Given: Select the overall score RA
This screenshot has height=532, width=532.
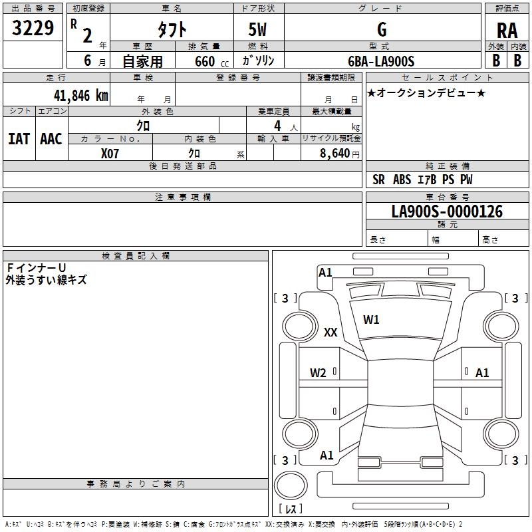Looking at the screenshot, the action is click(507, 31).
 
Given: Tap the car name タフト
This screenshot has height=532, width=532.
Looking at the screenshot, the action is click(171, 30).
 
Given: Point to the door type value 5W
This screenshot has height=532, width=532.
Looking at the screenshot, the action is click(258, 30).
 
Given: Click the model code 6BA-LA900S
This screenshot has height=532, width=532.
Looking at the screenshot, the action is click(381, 61).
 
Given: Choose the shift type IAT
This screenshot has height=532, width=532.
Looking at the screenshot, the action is click(19, 138).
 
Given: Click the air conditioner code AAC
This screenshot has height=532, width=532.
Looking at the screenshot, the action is click(51, 138).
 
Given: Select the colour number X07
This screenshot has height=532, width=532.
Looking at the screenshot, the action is click(110, 152).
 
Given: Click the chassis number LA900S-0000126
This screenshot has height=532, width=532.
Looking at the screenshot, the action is click(447, 211).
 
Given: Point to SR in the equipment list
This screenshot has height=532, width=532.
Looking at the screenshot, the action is click(379, 180).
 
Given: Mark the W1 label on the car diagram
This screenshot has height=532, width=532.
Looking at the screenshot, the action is click(371, 320).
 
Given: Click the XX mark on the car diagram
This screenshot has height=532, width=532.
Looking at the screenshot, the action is click(331, 333).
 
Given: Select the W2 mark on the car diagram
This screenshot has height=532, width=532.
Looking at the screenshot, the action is click(318, 373).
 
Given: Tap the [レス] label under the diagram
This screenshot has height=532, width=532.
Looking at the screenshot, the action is click(293, 509).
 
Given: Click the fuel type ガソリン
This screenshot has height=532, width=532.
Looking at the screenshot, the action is click(258, 61).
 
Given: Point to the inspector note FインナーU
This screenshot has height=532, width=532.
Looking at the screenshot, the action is click(36, 267).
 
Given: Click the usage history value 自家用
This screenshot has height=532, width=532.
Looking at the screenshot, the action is click(142, 61).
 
